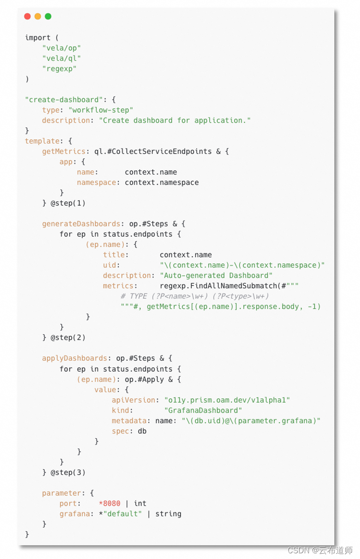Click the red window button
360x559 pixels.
[27, 16]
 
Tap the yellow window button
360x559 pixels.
[38, 16]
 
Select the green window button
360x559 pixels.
[48, 16]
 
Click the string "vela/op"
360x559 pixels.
[61, 48]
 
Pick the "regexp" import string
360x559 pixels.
[59, 69]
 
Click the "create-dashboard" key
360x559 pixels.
[64, 100]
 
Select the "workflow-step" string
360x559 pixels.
[101, 110]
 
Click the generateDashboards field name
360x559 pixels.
[81, 224]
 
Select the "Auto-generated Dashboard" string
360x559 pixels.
[216, 276]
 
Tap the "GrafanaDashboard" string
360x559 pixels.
[203, 410]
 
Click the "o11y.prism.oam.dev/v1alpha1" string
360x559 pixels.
[227, 400]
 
